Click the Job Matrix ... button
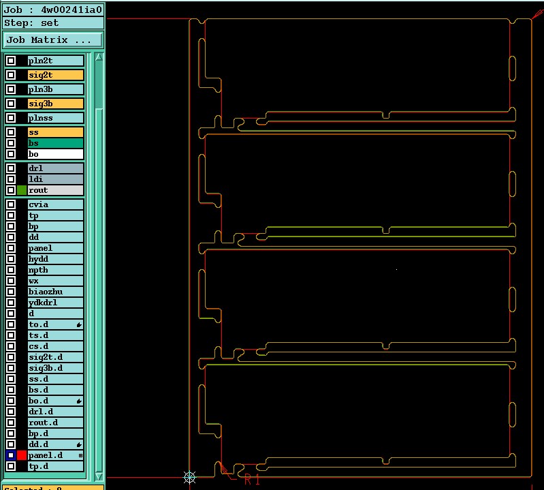click(x=53, y=40)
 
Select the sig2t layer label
click(x=55, y=75)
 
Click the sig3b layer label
click(x=55, y=104)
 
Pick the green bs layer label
click(x=55, y=143)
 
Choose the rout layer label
click(x=55, y=190)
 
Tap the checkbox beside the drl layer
click(x=11, y=168)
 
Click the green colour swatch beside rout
click(x=22, y=190)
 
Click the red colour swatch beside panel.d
click(x=22, y=455)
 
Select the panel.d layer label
click(x=55, y=455)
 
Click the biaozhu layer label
click(x=55, y=292)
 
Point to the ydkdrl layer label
click(x=55, y=303)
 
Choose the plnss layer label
click(x=55, y=118)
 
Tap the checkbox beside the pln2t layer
click(x=11, y=61)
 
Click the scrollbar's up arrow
click(x=99, y=57)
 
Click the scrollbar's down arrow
click(x=99, y=476)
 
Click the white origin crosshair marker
click(x=190, y=477)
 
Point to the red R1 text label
click(x=252, y=480)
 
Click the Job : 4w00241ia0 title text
click(x=53, y=10)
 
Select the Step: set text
click(x=33, y=22)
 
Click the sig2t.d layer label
click(x=55, y=357)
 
